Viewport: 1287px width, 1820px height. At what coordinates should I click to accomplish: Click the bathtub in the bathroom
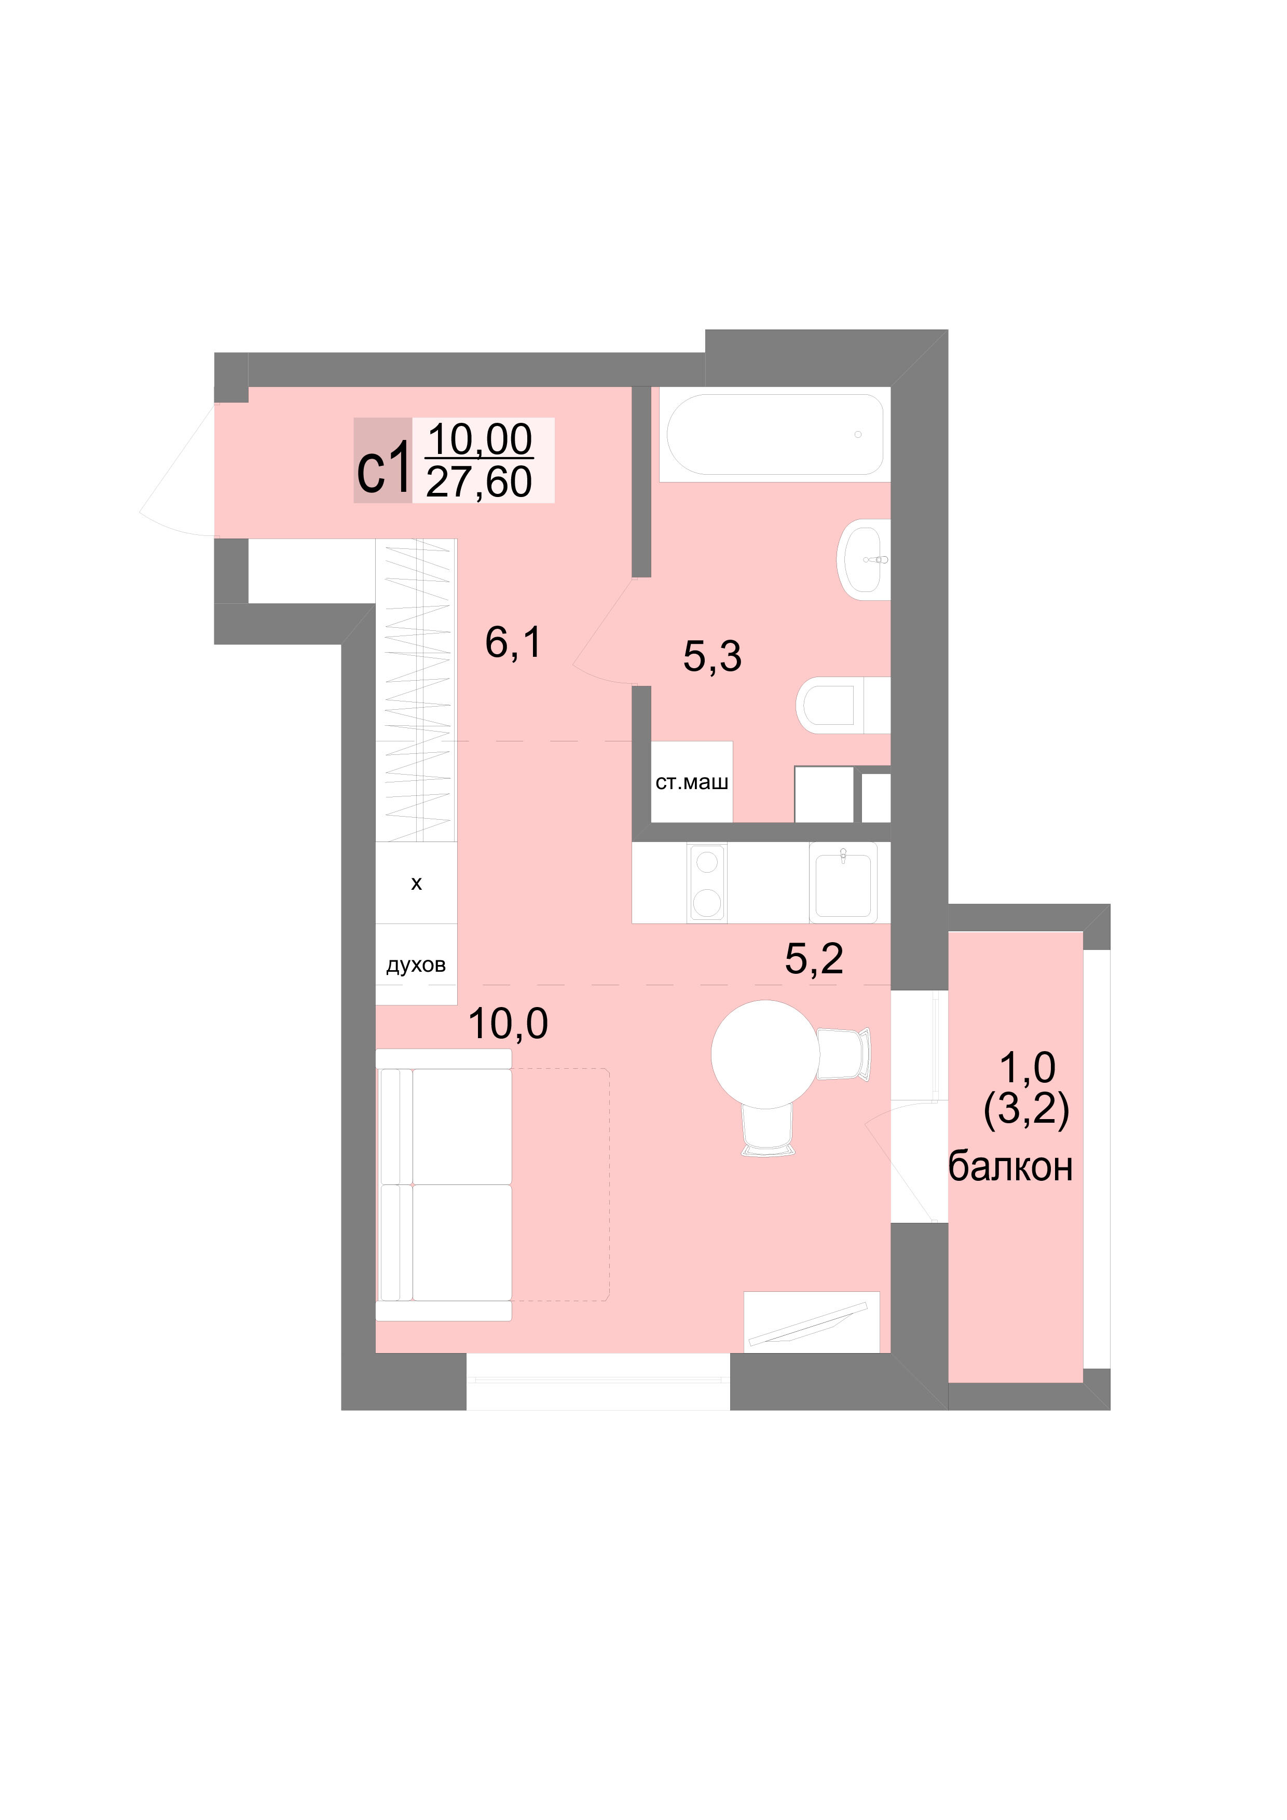click(x=775, y=434)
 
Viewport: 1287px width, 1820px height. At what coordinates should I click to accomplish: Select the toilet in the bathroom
click(x=843, y=705)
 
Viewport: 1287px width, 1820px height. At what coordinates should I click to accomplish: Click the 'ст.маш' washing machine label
click(x=691, y=783)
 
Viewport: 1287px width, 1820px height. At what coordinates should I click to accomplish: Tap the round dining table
click(x=765, y=1054)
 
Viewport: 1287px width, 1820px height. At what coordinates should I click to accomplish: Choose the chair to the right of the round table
click(x=844, y=1054)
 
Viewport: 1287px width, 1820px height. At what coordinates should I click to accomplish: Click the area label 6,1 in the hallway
click(x=514, y=642)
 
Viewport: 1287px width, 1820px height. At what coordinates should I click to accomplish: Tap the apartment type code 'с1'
click(x=384, y=470)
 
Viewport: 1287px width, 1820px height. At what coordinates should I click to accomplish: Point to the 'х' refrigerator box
click(x=416, y=883)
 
